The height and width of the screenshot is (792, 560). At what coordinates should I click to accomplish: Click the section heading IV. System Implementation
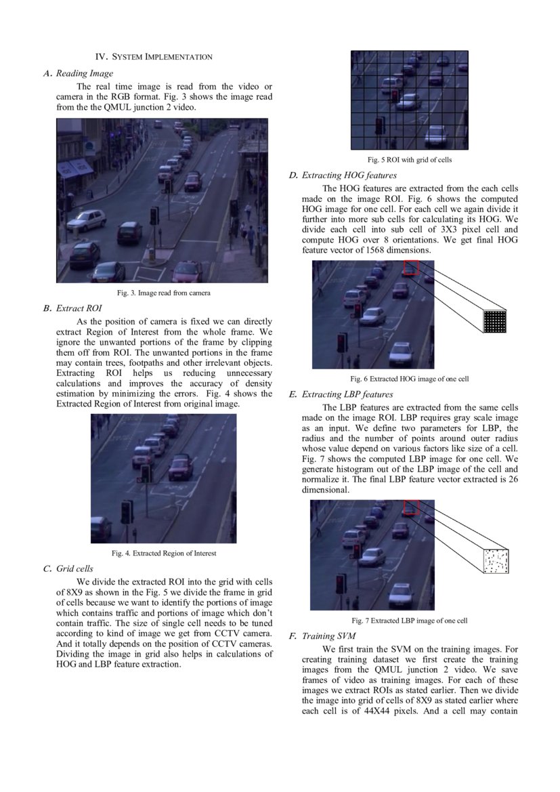[154, 57]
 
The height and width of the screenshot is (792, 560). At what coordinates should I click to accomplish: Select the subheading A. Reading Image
[78, 73]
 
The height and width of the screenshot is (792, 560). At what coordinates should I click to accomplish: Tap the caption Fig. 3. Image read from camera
[163, 293]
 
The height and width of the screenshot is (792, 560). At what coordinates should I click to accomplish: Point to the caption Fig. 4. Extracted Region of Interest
[164, 553]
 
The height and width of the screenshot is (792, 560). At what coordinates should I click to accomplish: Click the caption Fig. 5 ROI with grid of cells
[409, 160]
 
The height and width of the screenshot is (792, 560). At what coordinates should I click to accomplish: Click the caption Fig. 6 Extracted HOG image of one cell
[409, 379]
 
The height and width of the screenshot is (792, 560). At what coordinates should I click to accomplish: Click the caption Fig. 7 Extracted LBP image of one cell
[409, 621]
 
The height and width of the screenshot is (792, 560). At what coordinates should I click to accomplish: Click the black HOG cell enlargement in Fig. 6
[494, 320]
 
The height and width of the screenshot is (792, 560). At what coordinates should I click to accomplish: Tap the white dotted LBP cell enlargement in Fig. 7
[495, 561]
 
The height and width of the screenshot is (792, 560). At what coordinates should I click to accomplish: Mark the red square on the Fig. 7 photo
[410, 508]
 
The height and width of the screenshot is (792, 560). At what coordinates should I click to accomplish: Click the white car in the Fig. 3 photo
[86, 219]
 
